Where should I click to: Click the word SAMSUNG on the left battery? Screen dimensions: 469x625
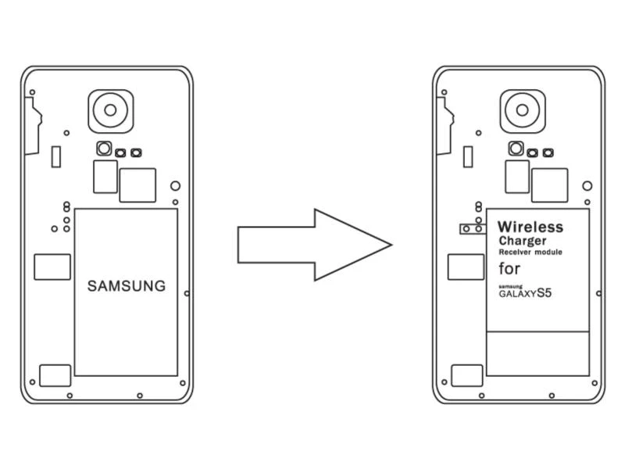pyautogui.click(x=127, y=286)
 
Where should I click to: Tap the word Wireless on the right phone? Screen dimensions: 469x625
pyautogui.click(x=530, y=227)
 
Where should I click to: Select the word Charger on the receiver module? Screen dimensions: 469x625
pyautogui.click(x=523, y=241)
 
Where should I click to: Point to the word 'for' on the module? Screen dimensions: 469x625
pyautogui.click(x=509, y=269)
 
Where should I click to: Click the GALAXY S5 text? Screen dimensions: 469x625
pyautogui.click(x=530, y=294)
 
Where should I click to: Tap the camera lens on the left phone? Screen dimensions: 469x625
pyautogui.click(x=111, y=109)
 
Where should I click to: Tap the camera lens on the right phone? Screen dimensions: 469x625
pyautogui.click(x=523, y=109)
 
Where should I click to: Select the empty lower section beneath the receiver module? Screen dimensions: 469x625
pyautogui.click(x=537, y=353)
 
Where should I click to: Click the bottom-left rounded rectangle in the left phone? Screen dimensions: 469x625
pyautogui.click(x=55, y=375)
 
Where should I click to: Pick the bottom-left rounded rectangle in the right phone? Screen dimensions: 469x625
pyautogui.click(x=467, y=375)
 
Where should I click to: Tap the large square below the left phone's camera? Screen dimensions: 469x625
pyautogui.click(x=137, y=185)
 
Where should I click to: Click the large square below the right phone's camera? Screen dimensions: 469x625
pyautogui.click(x=550, y=185)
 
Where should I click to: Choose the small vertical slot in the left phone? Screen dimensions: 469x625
pyautogui.click(x=55, y=156)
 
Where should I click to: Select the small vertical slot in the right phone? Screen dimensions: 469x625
pyautogui.click(x=468, y=156)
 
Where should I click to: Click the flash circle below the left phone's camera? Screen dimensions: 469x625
pyautogui.click(x=104, y=149)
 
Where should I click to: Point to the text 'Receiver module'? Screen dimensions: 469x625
pyautogui.click(x=530, y=252)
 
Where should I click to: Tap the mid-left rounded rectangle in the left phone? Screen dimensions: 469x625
pyautogui.click(x=52, y=267)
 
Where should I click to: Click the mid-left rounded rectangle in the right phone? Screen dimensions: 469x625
pyautogui.click(x=465, y=267)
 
